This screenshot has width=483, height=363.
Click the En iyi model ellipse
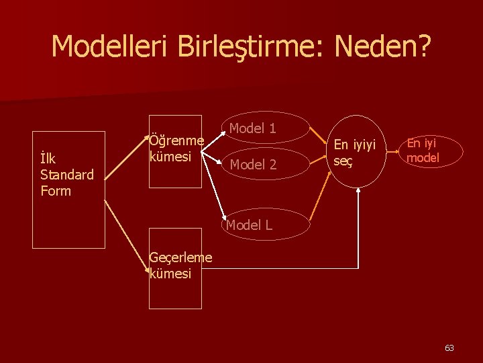[423, 151]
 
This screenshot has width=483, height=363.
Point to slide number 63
[449, 348]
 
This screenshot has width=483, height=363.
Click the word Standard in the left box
[67, 175]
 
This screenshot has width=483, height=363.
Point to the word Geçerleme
[180, 257]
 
